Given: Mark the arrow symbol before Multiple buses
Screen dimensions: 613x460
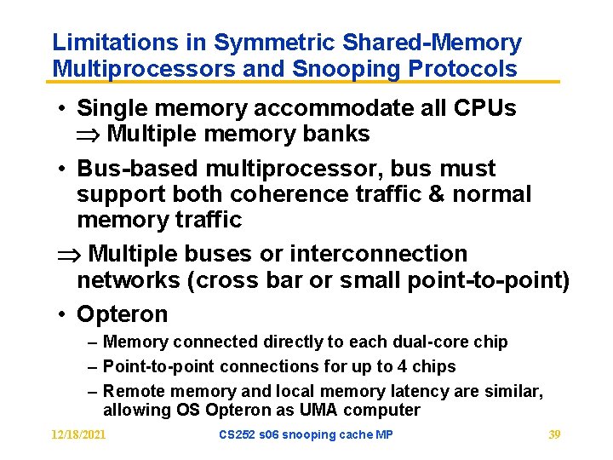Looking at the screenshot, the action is (x=68, y=255).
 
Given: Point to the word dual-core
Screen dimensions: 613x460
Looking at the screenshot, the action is (x=430, y=342).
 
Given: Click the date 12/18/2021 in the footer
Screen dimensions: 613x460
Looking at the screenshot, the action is (x=77, y=434).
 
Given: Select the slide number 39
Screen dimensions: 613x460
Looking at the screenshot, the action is (x=554, y=434).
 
